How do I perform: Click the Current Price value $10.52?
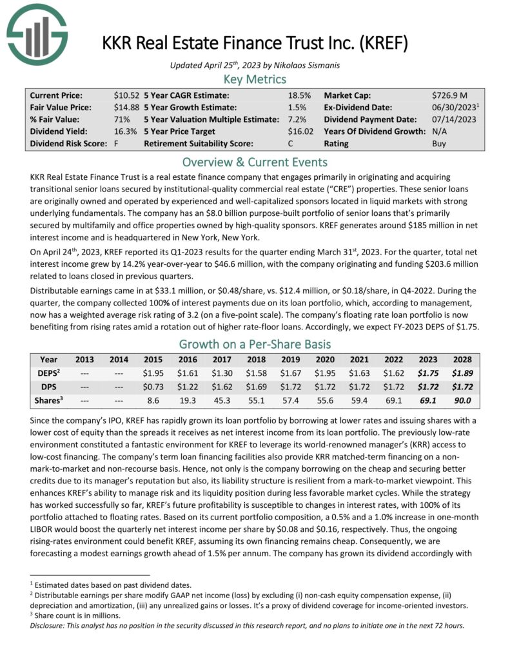point(126,95)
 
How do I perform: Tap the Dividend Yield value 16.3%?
point(124,131)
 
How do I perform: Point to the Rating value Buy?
point(438,144)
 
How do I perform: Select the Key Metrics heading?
point(254,79)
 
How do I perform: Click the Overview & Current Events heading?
point(254,162)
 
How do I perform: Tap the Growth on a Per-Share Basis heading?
point(254,344)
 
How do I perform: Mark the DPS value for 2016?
point(188,387)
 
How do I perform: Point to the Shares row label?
point(48,400)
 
